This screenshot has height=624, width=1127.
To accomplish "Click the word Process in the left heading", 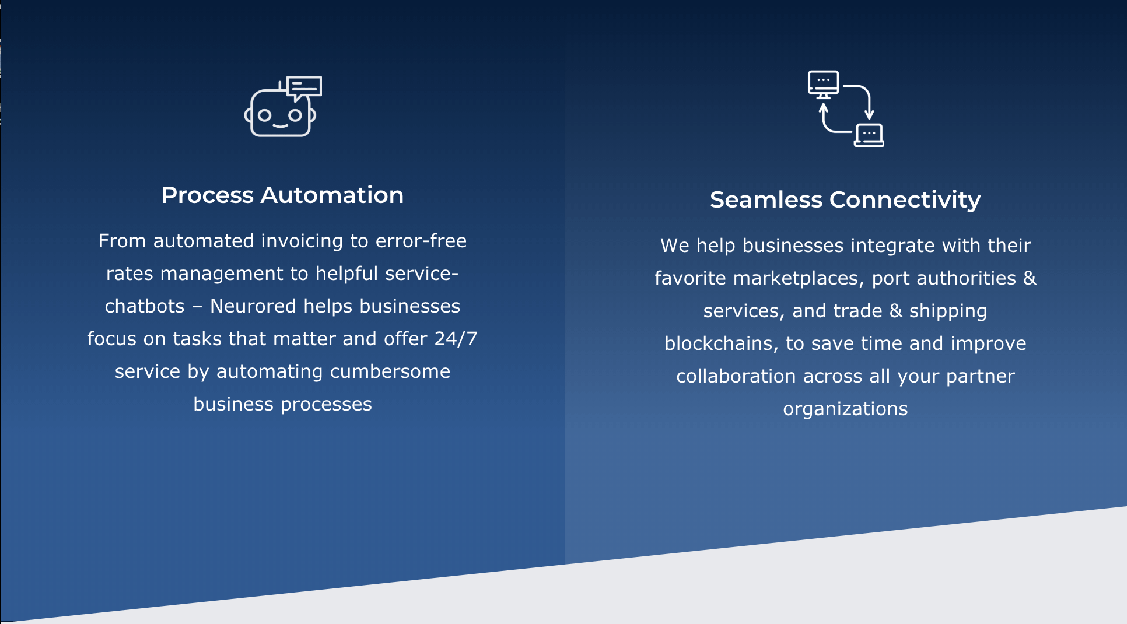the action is click(207, 195).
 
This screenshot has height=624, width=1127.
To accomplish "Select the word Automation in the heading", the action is click(332, 195).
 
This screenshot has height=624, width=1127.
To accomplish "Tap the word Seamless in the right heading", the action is click(766, 200).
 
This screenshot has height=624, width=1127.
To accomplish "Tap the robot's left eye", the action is click(265, 115).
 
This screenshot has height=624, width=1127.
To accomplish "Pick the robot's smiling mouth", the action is click(280, 125).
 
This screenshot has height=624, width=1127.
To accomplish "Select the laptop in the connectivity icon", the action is click(869, 135).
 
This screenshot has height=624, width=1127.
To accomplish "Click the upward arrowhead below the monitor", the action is click(824, 108).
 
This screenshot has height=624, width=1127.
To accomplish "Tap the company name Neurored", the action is click(253, 306).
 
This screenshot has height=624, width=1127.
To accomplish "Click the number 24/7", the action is click(456, 339).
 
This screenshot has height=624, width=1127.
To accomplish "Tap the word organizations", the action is click(845, 409).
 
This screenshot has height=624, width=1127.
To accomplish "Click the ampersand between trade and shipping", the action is click(896, 311).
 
